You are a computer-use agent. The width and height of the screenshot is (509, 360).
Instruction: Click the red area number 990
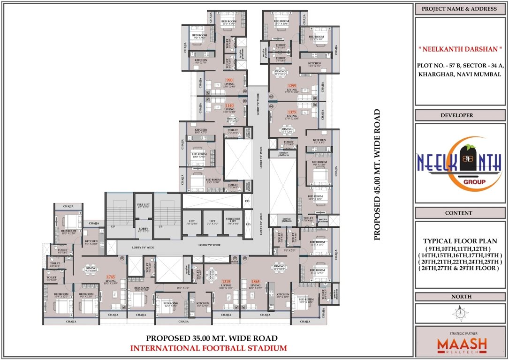click(x=230, y=80)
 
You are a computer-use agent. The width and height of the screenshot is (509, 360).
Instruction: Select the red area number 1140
click(x=230, y=106)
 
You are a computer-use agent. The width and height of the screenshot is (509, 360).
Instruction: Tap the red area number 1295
click(x=292, y=85)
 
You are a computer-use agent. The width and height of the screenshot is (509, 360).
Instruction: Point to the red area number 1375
click(x=292, y=112)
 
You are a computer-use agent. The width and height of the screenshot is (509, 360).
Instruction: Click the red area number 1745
click(x=111, y=277)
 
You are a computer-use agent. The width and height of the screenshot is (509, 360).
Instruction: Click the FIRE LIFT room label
click(x=143, y=205)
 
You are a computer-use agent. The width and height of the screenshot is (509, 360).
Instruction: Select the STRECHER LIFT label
click(x=233, y=222)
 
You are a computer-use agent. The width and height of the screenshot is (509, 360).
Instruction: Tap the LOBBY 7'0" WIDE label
click(x=209, y=245)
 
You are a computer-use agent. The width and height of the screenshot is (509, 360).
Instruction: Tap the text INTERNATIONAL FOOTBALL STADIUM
click(x=208, y=348)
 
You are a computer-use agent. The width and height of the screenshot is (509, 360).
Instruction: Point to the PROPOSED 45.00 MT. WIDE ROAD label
click(x=377, y=175)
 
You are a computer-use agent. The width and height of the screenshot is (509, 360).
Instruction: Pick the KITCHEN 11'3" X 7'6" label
click(x=314, y=64)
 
